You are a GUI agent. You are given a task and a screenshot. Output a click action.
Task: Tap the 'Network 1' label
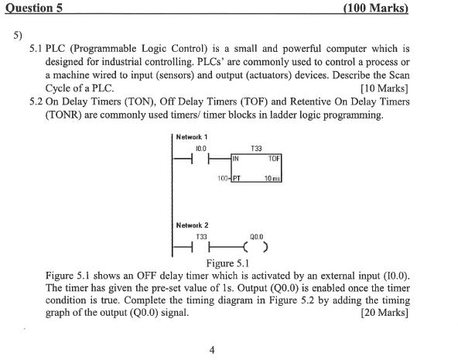(x=191, y=137)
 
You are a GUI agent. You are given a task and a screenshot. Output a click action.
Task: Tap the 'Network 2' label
(x=191, y=225)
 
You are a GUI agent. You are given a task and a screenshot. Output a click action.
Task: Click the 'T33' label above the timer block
(x=257, y=146)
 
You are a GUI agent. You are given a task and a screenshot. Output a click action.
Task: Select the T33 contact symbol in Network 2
(x=199, y=248)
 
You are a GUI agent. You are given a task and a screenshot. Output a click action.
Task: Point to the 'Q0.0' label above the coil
(x=257, y=235)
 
